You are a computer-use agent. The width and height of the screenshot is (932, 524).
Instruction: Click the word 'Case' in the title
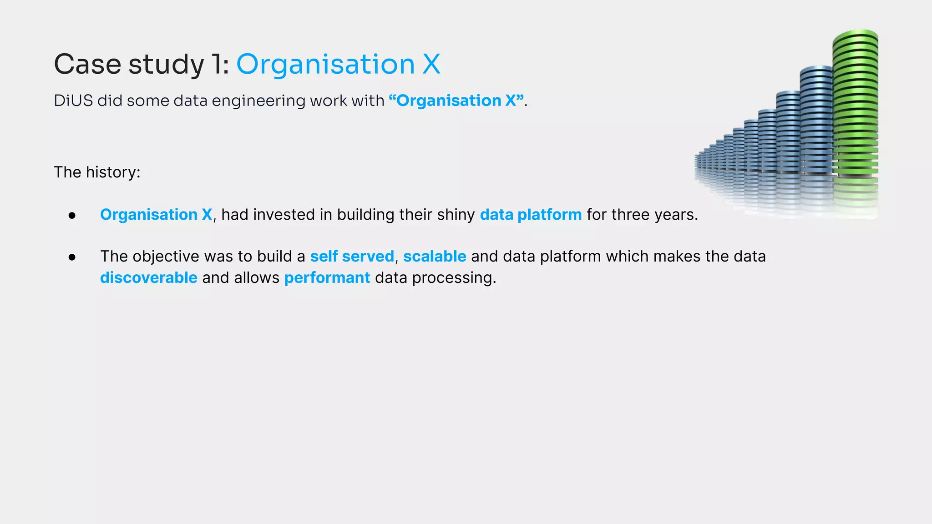pyautogui.click(x=87, y=64)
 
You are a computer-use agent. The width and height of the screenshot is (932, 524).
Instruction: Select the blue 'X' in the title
pyautogui.click(x=431, y=64)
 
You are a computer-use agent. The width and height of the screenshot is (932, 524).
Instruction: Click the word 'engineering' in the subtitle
pyautogui.click(x=258, y=101)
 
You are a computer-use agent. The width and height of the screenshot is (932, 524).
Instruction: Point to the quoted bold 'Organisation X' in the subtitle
pyautogui.click(x=456, y=101)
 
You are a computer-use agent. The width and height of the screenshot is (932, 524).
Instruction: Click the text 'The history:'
pyautogui.click(x=97, y=172)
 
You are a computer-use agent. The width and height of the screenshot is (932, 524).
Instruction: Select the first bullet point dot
pyautogui.click(x=72, y=215)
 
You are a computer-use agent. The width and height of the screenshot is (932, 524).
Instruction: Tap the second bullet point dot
pyautogui.click(x=72, y=257)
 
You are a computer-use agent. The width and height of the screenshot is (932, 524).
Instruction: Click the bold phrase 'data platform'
pyautogui.click(x=531, y=215)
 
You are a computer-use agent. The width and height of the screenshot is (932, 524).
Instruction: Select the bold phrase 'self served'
pyautogui.click(x=352, y=257)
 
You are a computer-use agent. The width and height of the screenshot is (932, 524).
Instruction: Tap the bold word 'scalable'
pyautogui.click(x=435, y=257)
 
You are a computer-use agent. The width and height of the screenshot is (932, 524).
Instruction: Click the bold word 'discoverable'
pyautogui.click(x=148, y=278)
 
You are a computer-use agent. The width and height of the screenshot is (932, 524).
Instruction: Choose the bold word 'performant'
pyautogui.click(x=327, y=278)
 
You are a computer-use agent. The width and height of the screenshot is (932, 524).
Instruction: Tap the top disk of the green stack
pyautogui.click(x=856, y=35)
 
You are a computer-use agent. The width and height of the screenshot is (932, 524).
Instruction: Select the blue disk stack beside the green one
pyautogui.click(x=816, y=123)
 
